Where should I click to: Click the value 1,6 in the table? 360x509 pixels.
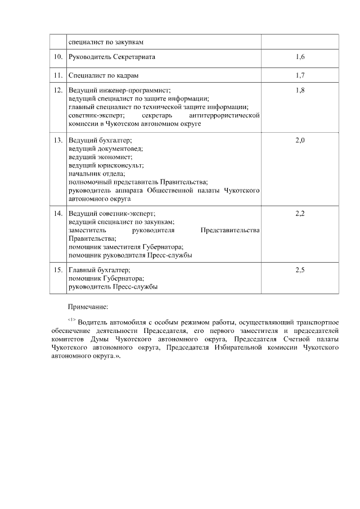[x=300, y=57]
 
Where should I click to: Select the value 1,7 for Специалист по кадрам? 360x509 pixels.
[x=300, y=75]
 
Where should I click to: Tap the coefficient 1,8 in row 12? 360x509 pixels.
[x=300, y=90]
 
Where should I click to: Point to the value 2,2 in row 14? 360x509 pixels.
[x=300, y=214]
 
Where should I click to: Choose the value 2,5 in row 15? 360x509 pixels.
[x=300, y=270]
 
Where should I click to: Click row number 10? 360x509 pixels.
[x=58, y=57]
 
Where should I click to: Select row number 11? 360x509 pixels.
[x=58, y=75]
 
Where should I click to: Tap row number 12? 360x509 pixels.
[x=58, y=90]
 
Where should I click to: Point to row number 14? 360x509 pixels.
[x=58, y=214]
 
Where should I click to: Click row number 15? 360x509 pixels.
[x=58, y=270]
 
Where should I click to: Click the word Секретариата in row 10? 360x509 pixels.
[x=133, y=57]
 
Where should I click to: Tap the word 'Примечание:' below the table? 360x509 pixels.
[x=87, y=307]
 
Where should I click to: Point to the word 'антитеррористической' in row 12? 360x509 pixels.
[x=225, y=115]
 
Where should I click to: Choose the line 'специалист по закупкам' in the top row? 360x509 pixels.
[x=106, y=42]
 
